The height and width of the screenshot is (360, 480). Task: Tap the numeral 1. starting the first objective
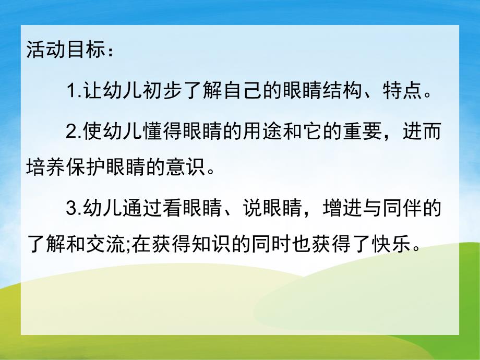73,94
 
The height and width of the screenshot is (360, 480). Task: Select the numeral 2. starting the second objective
73,133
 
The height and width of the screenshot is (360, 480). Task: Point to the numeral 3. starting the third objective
73,209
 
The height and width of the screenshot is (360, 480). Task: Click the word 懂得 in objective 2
157,133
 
